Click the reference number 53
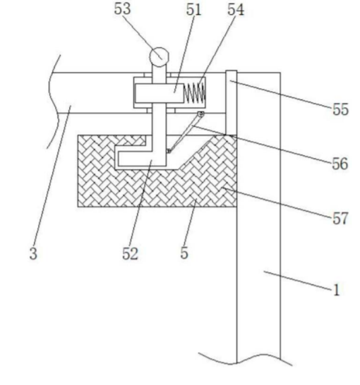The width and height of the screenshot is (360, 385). click(x=122, y=9)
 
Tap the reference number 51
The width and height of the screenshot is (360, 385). click(x=193, y=10)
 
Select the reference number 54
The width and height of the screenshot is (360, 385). click(x=236, y=10)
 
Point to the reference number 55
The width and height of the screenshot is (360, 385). click(x=340, y=109)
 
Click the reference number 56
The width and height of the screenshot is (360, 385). click(x=340, y=164)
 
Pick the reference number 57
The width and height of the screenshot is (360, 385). click(x=340, y=219)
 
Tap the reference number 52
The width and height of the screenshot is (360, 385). click(x=131, y=253)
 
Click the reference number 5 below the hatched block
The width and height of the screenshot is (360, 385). click(x=184, y=253)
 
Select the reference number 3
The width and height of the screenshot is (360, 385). click(x=33, y=253)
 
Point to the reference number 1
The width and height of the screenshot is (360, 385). click(x=337, y=290)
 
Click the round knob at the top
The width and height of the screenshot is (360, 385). click(x=160, y=57)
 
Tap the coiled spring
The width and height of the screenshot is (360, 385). click(x=194, y=93)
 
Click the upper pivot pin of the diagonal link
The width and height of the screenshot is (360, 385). click(x=201, y=114)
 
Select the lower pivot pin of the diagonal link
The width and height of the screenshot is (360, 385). click(x=169, y=151)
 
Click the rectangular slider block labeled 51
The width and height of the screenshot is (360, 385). click(x=160, y=93)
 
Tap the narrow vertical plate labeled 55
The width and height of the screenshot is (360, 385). click(x=232, y=103)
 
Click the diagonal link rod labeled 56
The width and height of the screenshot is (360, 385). click(x=185, y=133)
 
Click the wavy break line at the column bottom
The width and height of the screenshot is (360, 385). click(x=245, y=359)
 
